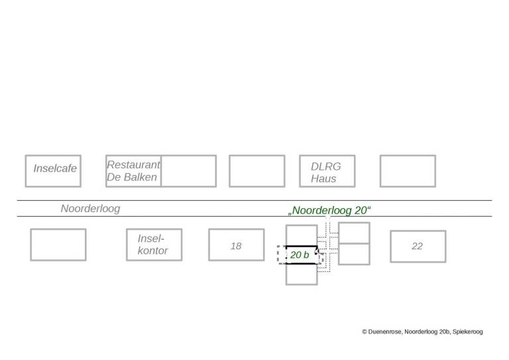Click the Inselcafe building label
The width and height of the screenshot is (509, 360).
tap(55, 168)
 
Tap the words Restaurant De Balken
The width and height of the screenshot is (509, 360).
tap(133, 171)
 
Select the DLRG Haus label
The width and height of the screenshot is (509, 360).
tap(326, 172)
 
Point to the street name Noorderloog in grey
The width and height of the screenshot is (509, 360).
tap(90, 208)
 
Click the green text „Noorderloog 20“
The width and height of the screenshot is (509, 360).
tap(329, 210)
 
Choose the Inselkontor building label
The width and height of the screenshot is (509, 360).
tap(152, 245)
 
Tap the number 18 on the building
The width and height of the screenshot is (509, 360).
tap(236, 246)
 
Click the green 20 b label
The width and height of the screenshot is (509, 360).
tap(300, 255)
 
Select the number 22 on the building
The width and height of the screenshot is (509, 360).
tap(417, 246)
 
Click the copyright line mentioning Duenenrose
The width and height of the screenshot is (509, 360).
tap(422, 331)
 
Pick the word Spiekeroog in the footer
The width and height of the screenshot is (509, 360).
tap(468, 331)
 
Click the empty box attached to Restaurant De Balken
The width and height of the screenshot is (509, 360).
tap(189, 171)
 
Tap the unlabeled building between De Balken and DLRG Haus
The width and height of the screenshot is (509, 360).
tap(256, 171)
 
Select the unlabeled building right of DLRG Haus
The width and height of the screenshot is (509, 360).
tap(408, 171)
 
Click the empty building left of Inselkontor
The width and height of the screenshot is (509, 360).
tap(58, 245)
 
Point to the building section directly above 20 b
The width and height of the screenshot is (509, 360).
tap(302, 235)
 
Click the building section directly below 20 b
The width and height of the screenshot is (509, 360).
tap(302, 274)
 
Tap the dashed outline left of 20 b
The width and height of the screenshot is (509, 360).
tap(282, 255)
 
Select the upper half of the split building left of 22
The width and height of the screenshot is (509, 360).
tap(354, 233)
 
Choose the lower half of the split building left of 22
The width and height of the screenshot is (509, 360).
tap(354, 254)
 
